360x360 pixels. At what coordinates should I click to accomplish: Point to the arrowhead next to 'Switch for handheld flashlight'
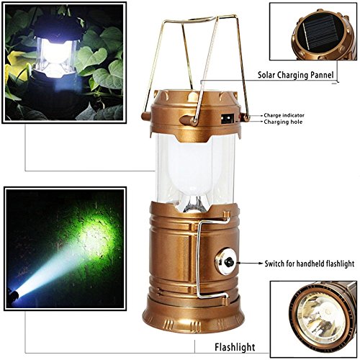(248, 264)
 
